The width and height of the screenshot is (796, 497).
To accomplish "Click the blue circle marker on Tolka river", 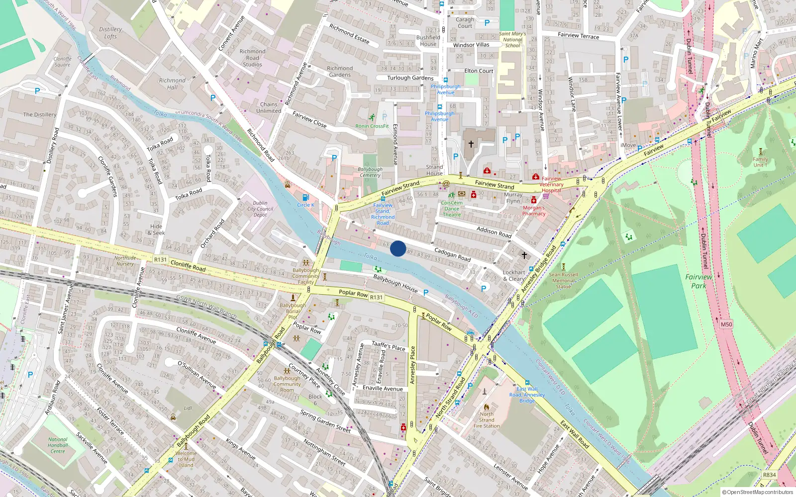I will tap(398, 248).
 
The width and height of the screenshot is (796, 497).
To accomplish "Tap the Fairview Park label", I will tap(698, 281).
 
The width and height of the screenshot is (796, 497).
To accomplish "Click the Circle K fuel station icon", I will tap(305, 197).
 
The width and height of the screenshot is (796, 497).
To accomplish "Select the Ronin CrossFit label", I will tap(372, 126).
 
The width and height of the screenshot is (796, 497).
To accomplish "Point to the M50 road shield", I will tap(726, 325).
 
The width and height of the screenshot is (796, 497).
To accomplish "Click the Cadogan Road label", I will tap(452, 254).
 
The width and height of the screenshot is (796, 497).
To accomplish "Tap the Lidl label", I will tap(188, 408).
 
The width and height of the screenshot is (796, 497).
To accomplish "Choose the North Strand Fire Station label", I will tap(487, 420).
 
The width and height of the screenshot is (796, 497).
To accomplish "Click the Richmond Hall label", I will tap(172, 83).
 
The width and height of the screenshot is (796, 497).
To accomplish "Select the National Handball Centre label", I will tap(58, 445).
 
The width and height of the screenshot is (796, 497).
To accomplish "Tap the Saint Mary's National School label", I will tap(512, 40).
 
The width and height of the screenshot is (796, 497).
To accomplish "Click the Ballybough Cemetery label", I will tap(370, 172).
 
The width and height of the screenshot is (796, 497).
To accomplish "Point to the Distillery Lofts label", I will tap(110, 33).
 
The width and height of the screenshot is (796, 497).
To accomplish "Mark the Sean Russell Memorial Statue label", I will tap(563, 280).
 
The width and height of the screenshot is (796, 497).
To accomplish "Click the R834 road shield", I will tap(769, 475).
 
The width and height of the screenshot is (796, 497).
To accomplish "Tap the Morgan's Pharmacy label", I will tap(534, 211).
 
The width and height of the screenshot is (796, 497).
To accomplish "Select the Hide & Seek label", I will tap(156, 230).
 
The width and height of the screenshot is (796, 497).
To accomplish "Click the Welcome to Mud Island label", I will tap(186, 459).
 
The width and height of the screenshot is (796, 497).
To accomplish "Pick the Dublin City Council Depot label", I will tap(260, 209).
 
